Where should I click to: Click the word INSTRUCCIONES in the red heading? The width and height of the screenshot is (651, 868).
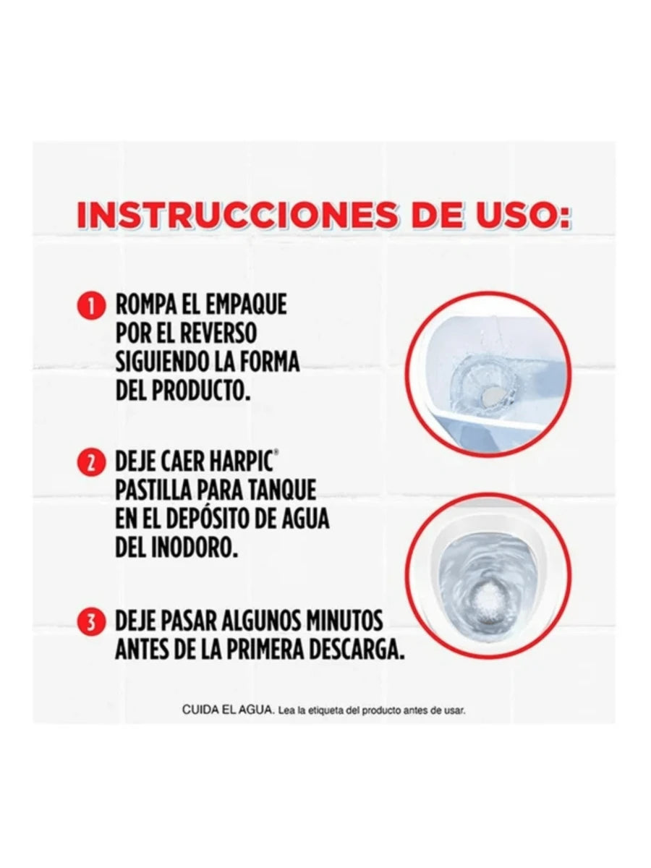(237, 215)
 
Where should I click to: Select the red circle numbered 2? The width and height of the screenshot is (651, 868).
(92, 463)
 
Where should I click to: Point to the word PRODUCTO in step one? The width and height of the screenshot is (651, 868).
(201, 391)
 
